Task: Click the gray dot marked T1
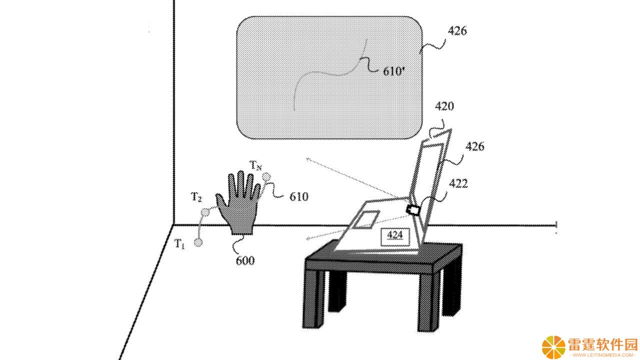(x=198, y=242)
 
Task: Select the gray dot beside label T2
(x=205, y=212)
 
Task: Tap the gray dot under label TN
(x=266, y=177)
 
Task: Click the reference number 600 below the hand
(x=245, y=260)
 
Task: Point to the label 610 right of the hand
(x=299, y=196)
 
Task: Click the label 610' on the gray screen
(x=394, y=71)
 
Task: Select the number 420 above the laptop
(x=444, y=106)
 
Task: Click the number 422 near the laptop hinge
(x=458, y=183)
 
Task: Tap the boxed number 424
(x=395, y=235)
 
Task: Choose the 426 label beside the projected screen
(x=457, y=31)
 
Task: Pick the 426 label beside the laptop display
(x=475, y=146)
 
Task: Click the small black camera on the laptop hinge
(x=413, y=210)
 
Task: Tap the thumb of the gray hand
(x=221, y=202)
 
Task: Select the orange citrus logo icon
(x=553, y=347)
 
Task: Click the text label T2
(x=196, y=197)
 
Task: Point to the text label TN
(x=255, y=165)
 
